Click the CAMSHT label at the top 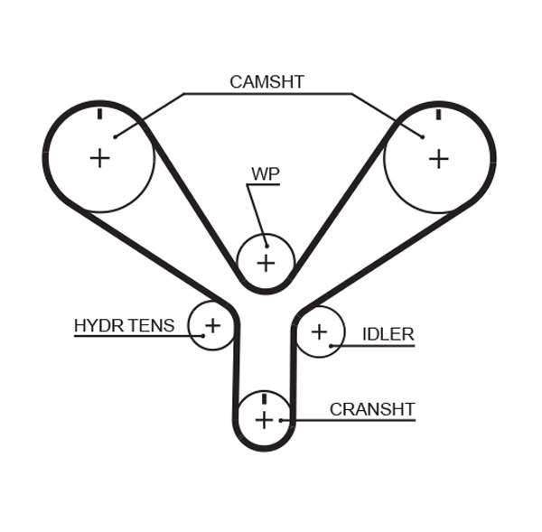(x=266, y=82)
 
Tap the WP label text (x=266, y=173)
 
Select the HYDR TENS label (x=124, y=325)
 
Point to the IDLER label (x=388, y=334)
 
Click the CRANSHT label (x=371, y=409)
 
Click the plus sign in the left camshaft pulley (x=99, y=158)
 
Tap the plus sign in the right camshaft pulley (x=438, y=159)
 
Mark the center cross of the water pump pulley (x=266, y=263)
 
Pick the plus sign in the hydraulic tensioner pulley (x=212, y=324)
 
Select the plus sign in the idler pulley (x=319, y=331)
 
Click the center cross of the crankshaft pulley (x=264, y=420)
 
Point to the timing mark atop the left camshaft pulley (x=99, y=115)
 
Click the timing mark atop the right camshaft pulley (x=438, y=115)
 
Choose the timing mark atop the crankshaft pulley (x=264, y=398)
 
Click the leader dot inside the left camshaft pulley (x=115, y=137)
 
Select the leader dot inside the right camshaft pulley (x=422, y=137)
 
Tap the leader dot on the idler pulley (x=332, y=345)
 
